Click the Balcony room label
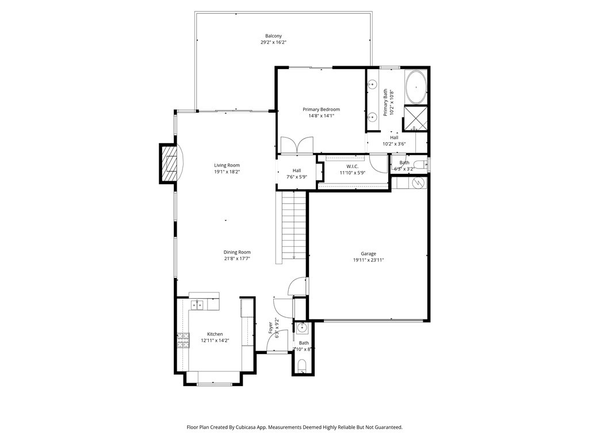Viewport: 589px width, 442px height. point(273,36)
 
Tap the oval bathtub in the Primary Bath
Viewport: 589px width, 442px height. point(416,86)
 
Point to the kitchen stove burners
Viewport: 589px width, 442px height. point(183,340)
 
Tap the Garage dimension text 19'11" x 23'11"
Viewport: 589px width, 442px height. point(368,260)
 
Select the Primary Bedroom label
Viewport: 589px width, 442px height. point(321,109)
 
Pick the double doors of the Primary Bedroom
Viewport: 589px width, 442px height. point(297,145)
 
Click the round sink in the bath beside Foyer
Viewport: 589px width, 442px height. point(302,329)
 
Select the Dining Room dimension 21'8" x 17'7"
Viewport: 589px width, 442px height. point(237,258)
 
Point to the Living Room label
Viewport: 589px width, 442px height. point(227,165)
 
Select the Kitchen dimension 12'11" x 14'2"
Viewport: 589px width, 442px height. point(215,341)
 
